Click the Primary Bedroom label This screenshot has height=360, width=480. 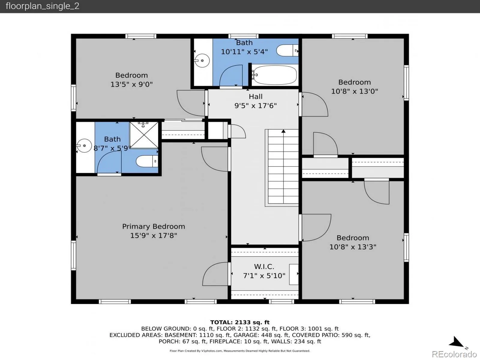(154, 226)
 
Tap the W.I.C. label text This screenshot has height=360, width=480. (264, 266)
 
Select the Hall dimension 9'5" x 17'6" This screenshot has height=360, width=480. (255, 106)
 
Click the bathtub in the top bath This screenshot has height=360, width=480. (274, 75)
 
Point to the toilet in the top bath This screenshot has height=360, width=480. (287, 50)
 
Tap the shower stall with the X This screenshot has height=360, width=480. (144, 135)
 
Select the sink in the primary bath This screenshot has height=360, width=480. (84, 145)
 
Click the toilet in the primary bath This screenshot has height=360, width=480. (147, 161)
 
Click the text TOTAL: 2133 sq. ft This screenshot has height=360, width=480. (240, 322)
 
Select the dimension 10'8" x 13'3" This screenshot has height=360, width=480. (353, 247)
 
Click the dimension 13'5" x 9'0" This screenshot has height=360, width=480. (131, 84)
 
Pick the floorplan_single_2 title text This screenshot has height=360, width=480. (42, 6)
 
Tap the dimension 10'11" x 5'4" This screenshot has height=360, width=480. (244, 52)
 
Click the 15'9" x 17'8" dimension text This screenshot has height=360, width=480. (154, 235)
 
